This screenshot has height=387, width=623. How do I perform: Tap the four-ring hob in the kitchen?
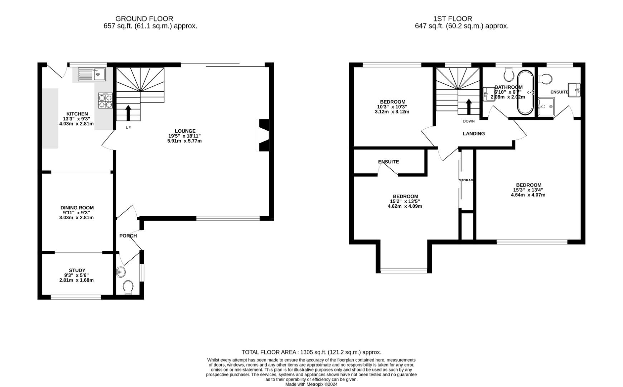tap(105, 100)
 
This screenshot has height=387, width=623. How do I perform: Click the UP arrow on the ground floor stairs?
tap(128, 112)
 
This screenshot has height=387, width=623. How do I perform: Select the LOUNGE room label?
tap(185, 131)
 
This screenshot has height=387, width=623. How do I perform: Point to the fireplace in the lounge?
tap(263, 135)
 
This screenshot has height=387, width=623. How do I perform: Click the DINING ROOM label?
tap(77, 208)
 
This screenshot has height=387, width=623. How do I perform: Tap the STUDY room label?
tap(77, 271)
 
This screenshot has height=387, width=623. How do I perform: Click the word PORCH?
tap(128, 236)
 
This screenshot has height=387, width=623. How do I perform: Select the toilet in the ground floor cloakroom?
tap(128, 287)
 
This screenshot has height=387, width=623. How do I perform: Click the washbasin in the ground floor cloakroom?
tap(121, 272)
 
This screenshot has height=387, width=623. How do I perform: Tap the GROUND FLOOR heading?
tap(144, 19)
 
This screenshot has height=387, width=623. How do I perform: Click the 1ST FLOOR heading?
tap(453, 19)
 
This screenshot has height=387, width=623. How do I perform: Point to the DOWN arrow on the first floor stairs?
tap(468, 106)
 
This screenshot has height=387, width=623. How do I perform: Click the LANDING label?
tap(474, 134)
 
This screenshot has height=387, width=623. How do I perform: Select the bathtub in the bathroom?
tap(525, 92)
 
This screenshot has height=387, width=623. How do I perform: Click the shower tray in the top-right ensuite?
tap(546, 107)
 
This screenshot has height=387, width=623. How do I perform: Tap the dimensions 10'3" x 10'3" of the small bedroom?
tap(392, 107)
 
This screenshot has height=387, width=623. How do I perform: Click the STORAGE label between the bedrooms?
tap(466, 180)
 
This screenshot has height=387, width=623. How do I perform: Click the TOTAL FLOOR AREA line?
tap(311, 352)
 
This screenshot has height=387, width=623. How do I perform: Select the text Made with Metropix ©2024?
tap(311, 384)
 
